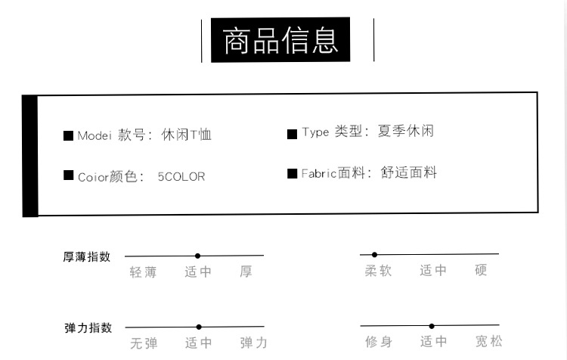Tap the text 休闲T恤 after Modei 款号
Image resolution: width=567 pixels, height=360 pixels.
coord(187,135)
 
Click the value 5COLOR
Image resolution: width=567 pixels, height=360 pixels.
coord(181,177)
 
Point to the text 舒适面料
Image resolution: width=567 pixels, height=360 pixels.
coord(409,173)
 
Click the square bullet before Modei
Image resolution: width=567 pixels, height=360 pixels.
coord(68,136)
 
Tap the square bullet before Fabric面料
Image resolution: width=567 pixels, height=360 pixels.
coord(292,174)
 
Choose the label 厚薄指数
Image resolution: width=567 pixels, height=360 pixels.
coord(87,256)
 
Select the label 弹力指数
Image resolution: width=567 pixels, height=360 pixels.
coord(87,327)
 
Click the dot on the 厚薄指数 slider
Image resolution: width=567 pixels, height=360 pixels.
coord(197,256)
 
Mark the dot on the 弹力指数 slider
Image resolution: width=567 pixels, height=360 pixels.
coord(199,327)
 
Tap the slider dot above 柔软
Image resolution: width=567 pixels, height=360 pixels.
coord(374,254)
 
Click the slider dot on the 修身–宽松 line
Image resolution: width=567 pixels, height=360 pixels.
coord(432,326)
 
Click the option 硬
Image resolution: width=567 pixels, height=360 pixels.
coord(481,270)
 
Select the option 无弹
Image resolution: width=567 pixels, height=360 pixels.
coord(143,343)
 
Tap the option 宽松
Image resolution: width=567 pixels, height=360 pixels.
coord(488,342)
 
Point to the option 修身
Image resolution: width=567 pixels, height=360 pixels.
coord(378,342)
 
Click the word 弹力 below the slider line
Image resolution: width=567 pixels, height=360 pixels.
coord(253,343)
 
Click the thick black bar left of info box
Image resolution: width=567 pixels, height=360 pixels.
coord(30,156)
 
